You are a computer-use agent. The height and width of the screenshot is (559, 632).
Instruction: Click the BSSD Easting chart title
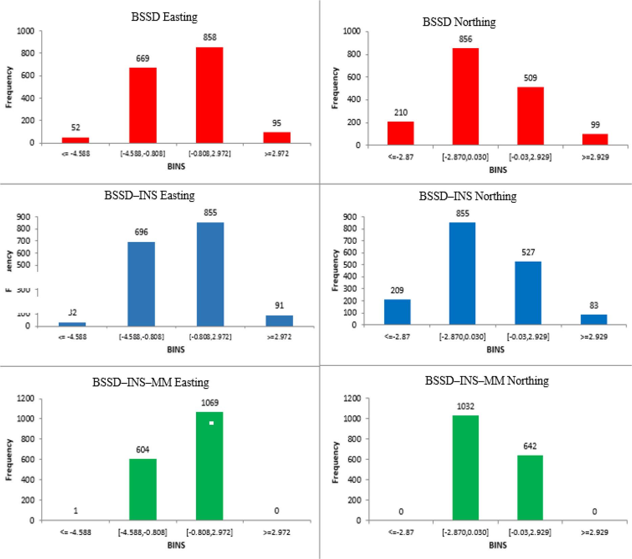[164, 17]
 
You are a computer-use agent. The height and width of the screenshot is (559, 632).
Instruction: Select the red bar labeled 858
[210, 95]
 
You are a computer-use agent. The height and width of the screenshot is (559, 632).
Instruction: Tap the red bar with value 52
[75, 140]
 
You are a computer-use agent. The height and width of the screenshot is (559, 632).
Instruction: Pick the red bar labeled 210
[400, 133]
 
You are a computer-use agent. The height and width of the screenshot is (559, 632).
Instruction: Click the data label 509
[530, 78]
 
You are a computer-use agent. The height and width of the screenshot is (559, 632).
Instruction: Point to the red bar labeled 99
[595, 139]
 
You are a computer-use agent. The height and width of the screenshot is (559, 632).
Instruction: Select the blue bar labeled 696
[141, 284]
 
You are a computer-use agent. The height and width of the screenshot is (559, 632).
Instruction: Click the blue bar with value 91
[279, 321]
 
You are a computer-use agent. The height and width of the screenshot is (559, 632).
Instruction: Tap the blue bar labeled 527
[528, 293]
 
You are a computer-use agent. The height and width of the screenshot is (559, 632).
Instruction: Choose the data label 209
[397, 290]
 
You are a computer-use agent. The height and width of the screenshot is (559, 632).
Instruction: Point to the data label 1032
[465, 406]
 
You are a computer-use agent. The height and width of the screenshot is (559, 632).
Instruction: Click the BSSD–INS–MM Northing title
[487, 381]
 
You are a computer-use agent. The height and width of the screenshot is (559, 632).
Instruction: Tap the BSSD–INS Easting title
[149, 195]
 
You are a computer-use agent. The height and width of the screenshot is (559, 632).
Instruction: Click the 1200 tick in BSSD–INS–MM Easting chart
[25, 398]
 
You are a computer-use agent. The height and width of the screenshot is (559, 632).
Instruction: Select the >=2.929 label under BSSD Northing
[595, 157]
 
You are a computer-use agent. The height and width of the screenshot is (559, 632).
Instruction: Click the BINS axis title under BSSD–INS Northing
[495, 350]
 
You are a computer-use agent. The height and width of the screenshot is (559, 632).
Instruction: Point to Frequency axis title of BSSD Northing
[335, 88]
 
